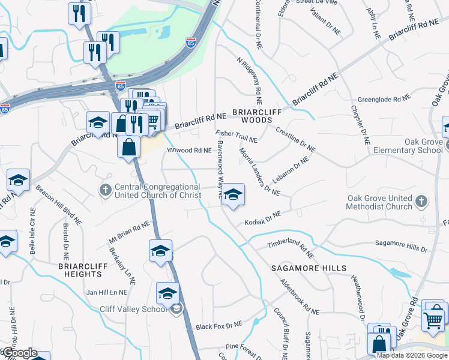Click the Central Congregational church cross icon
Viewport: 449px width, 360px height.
(105, 190)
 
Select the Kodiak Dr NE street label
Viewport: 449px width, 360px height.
(263, 218)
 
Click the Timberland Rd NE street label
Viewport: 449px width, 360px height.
(291, 246)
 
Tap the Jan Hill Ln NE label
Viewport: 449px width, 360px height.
(107, 292)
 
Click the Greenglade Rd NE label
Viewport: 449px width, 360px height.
(384, 97)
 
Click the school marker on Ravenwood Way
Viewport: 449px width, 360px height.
(233, 195)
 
